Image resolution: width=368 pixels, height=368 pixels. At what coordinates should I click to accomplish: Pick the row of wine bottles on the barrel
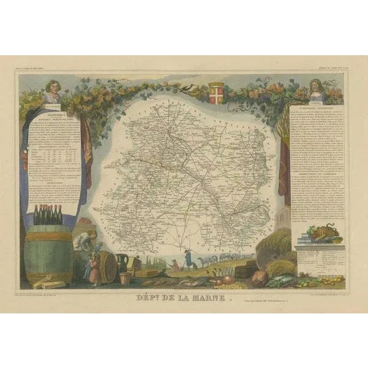pos(48,215)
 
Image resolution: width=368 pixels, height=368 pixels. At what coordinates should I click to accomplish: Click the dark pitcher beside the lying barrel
pos(122,262)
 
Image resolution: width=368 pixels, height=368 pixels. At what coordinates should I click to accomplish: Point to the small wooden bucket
pos(125,278)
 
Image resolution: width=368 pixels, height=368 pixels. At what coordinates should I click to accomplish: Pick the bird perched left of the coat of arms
pos(197,90)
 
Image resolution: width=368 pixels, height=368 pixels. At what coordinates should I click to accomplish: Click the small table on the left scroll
pos(52,160)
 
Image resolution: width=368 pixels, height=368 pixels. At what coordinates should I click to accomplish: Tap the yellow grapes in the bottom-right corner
pos(331,280)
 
